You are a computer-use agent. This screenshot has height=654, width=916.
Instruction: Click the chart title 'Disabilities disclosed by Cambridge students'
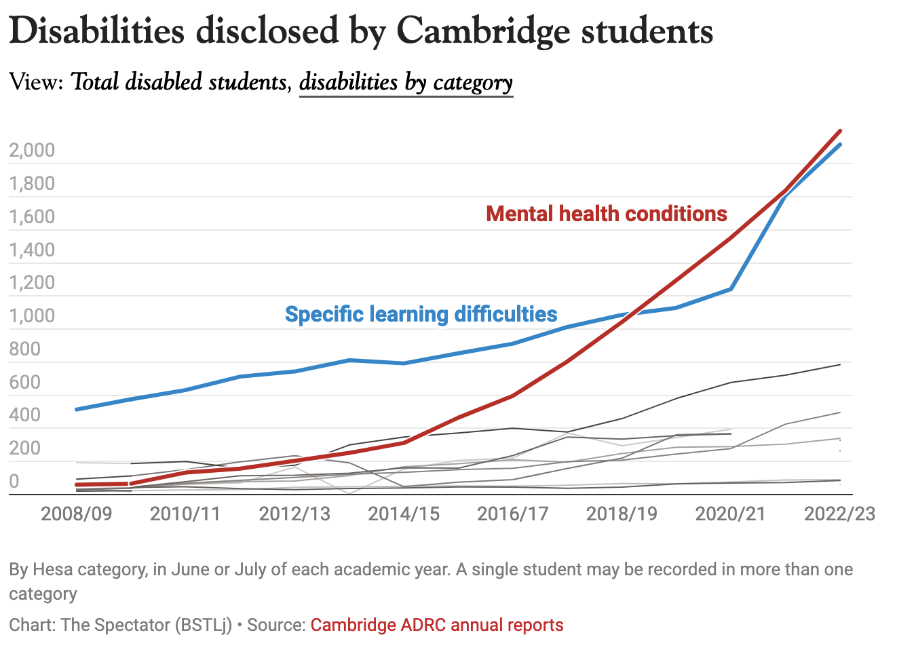(360, 31)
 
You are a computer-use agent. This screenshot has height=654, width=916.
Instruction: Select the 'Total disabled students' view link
(179, 82)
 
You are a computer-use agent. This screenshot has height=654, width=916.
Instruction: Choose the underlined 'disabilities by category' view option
(406, 82)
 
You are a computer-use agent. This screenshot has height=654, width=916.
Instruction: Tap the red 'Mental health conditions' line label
(607, 214)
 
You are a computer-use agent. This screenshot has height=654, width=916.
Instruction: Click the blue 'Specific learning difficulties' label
(421, 314)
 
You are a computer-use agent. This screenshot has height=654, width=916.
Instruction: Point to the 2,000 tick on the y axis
(32, 150)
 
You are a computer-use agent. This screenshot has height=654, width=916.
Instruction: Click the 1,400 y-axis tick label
(32, 250)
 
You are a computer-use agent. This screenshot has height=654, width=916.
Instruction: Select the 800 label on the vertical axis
(25, 349)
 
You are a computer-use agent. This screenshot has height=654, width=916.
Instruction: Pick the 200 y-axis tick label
(25, 448)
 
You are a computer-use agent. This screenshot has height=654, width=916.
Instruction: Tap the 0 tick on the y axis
(14, 481)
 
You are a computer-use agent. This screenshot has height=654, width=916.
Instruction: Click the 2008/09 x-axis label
(76, 513)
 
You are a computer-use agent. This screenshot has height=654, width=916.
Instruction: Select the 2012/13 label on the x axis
(294, 513)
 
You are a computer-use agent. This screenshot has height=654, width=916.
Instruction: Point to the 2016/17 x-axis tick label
(512, 513)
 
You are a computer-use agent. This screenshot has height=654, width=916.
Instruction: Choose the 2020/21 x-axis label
(731, 513)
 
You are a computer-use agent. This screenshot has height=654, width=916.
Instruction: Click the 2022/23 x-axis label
(839, 513)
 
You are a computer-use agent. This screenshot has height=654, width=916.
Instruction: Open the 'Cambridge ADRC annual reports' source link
(437, 625)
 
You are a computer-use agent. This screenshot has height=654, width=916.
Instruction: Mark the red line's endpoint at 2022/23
(840, 131)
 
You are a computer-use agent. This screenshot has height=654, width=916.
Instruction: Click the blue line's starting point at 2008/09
(77, 409)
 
